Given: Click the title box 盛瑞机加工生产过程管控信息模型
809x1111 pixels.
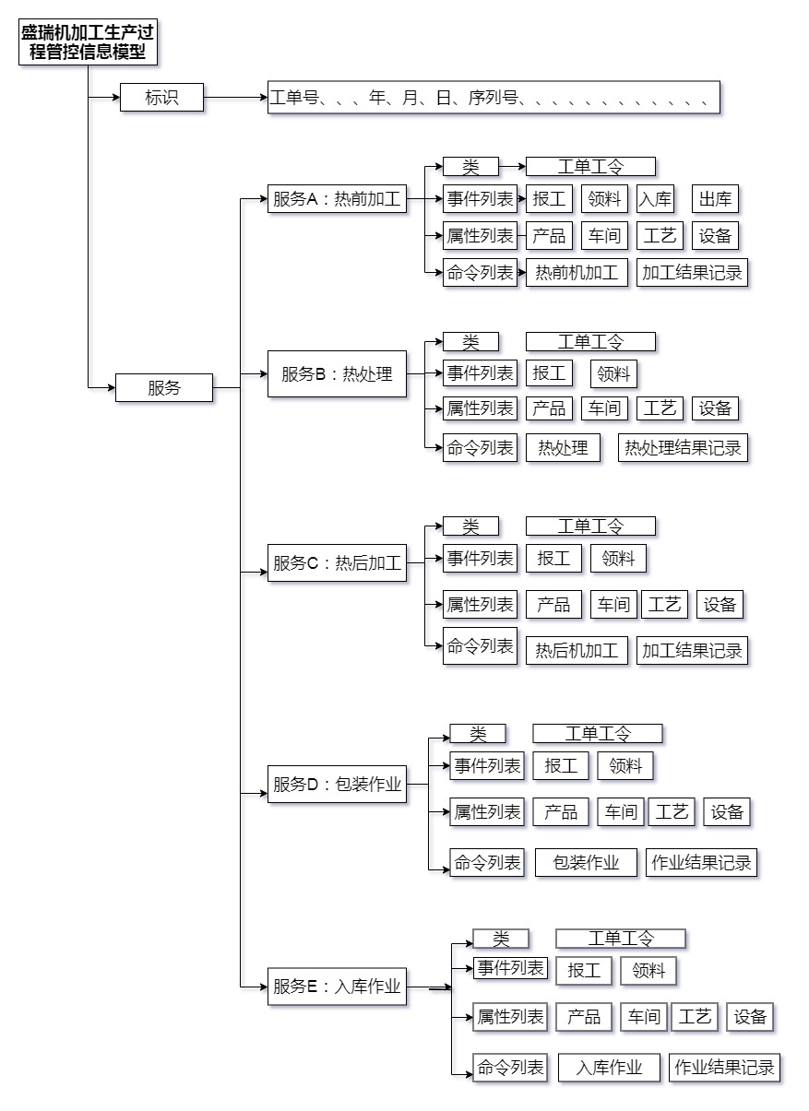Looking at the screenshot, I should point(88,43).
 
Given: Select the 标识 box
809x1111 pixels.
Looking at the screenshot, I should point(161,97).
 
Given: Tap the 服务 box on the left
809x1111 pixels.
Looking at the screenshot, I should point(164,388).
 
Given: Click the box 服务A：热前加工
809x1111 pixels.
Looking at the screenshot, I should point(337,199).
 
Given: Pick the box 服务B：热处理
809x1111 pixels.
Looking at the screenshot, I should point(337,374).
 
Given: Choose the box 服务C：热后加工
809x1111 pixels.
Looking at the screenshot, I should point(337,563).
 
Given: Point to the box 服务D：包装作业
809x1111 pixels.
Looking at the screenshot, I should point(337,785).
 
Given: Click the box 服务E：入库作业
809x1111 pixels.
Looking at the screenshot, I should point(337,987).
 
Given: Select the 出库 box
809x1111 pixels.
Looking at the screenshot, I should point(715,199).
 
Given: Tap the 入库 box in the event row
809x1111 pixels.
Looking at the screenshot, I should point(655,199).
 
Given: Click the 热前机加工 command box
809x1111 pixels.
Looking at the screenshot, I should point(577,273).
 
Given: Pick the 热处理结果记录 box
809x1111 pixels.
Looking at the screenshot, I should point(683,448).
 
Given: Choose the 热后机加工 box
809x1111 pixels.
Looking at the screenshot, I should point(577,651).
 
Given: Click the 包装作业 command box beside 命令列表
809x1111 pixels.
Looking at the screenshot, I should point(586,863).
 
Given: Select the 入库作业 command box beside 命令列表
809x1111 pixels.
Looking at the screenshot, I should point(609,1069).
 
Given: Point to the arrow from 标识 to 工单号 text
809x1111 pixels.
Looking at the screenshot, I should point(235,97).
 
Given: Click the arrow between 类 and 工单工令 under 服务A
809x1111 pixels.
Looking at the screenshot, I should point(512,167).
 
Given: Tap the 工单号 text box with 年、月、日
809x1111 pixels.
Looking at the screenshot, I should point(494,97).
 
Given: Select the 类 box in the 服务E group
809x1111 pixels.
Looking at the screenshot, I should point(501,939).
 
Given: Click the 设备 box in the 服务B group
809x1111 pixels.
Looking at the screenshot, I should point(715,408).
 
